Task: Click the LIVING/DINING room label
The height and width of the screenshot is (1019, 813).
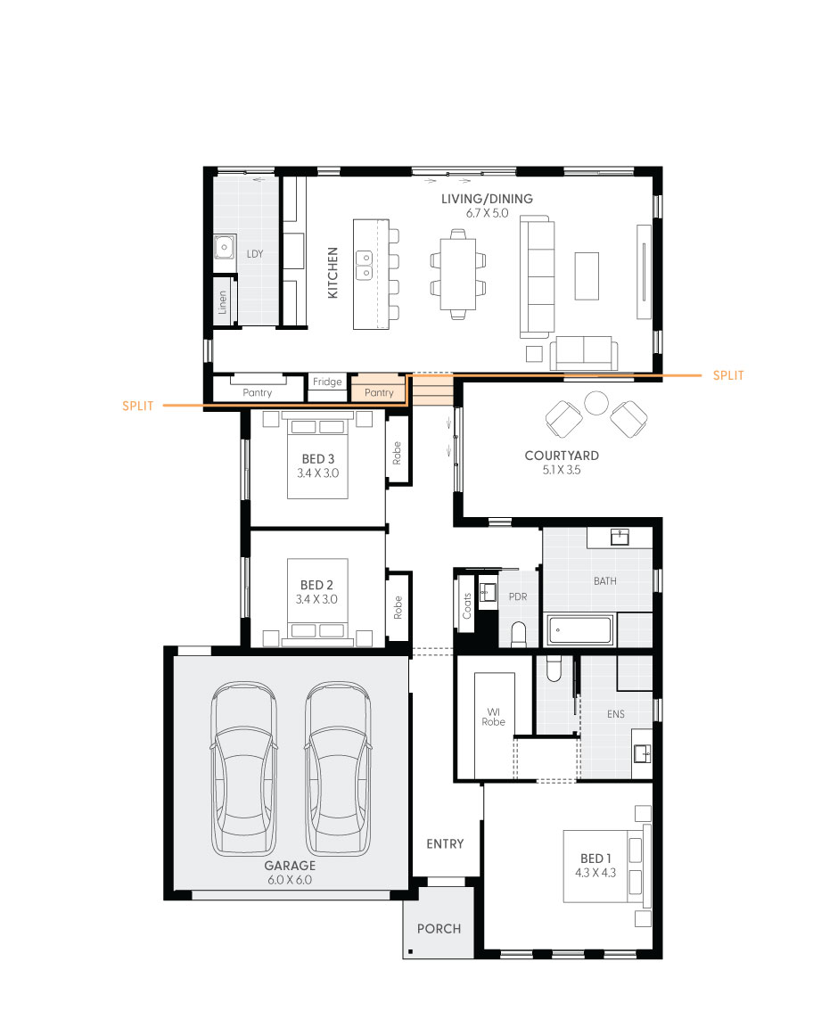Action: tap(487, 199)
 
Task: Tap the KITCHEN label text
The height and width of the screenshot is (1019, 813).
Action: tap(333, 273)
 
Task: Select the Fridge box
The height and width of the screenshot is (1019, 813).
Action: tap(327, 382)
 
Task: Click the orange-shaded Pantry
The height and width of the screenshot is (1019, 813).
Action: tap(379, 390)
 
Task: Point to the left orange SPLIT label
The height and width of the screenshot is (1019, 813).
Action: tap(137, 407)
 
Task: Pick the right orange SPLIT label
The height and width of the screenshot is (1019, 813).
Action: tap(728, 376)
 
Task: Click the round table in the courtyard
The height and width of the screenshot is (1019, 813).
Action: tap(596, 404)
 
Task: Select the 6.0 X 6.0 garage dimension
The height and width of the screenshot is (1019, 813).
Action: tap(290, 880)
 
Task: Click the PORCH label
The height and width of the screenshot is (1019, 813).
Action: tap(439, 929)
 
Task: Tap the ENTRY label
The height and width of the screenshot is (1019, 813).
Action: tap(445, 843)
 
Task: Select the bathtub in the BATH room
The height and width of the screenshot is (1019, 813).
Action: tap(580, 631)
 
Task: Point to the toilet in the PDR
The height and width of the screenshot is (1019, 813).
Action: tap(519, 633)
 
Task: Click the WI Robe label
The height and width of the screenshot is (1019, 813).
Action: tap(494, 716)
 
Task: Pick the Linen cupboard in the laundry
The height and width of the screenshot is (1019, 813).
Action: tap(223, 303)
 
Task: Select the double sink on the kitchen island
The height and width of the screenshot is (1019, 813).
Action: tap(365, 260)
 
